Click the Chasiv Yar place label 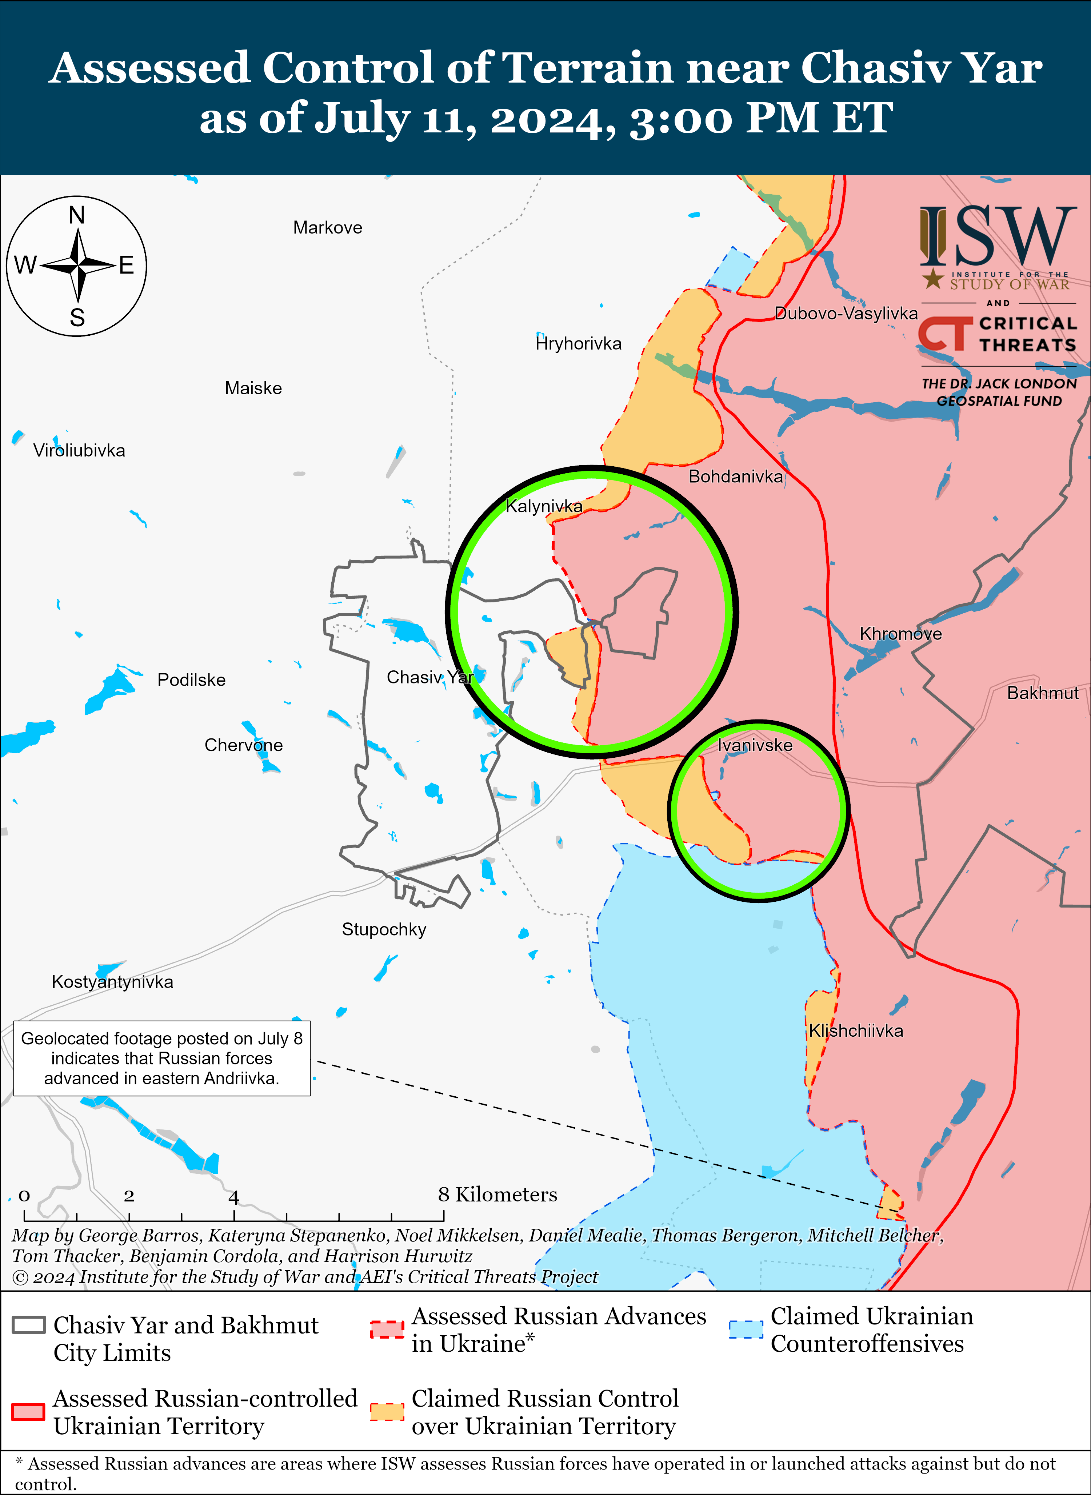(x=429, y=677)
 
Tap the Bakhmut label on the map (x=1042, y=693)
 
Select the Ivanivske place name (x=755, y=745)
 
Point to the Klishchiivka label (x=856, y=1030)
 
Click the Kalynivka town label (x=544, y=506)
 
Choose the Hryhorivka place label (x=579, y=343)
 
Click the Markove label (x=328, y=228)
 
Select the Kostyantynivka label (x=112, y=982)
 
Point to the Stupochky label (x=384, y=929)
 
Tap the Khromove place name (x=900, y=634)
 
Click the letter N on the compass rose (x=77, y=215)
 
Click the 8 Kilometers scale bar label (x=497, y=1195)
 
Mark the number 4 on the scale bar (x=234, y=1196)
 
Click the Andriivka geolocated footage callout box (x=162, y=1059)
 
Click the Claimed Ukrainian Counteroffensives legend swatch (x=746, y=1330)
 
